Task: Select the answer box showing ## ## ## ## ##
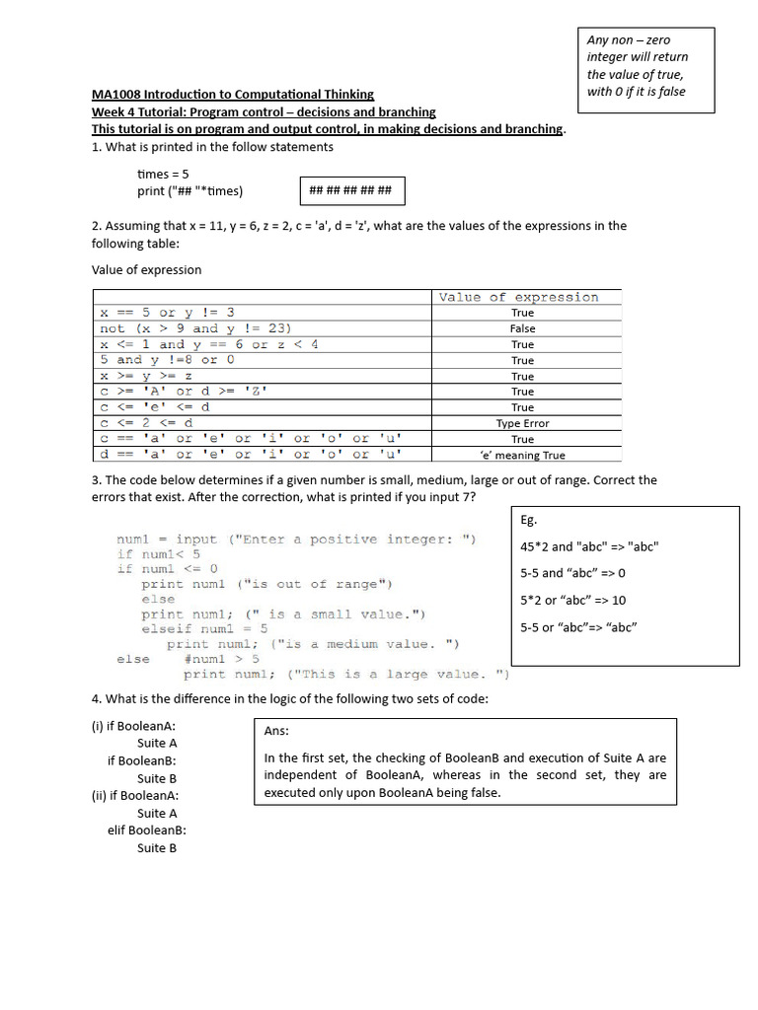coord(350,191)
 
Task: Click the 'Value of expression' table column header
coord(518,297)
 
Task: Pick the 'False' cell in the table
coord(523,328)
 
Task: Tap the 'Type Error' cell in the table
coord(523,423)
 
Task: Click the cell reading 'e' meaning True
coord(523,456)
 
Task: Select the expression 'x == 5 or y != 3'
coord(167,313)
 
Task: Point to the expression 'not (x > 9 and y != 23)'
coord(195,328)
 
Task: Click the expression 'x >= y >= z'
coord(146,376)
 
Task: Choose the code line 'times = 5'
coord(163,174)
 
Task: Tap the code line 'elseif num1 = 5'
coord(204,629)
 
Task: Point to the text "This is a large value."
coord(399,675)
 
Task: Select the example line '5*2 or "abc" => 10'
coord(572,600)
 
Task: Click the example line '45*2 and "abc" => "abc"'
coord(589,546)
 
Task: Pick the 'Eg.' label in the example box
coord(528,520)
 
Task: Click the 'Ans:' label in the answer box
coord(276,732)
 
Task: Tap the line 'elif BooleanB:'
coord(147,830)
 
